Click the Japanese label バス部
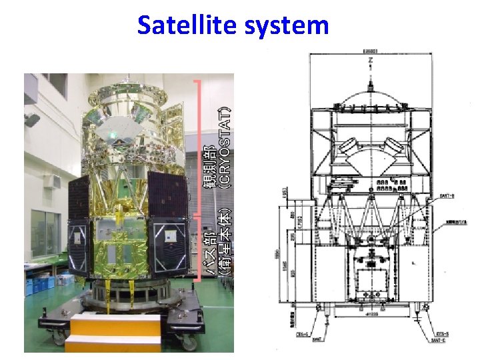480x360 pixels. [211, 250]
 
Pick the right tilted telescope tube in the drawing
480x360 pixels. [395, 149]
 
